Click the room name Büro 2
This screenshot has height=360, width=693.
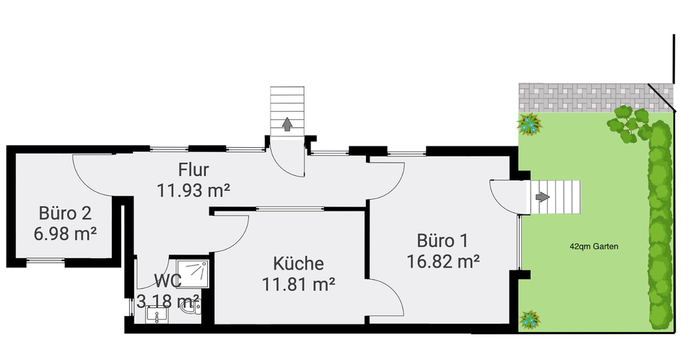[x=65, y=214]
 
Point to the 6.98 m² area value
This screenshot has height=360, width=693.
[x=65, y=234]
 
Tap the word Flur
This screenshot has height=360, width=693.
[x=193, y=171]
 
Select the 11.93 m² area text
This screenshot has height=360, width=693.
[x=193, y=191]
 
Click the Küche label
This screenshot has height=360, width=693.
[x=299, y=264]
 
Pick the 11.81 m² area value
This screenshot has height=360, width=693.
[x=299, y=284]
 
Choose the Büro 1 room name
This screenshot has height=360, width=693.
[x=444, y=240]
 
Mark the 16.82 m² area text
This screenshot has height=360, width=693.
[x=444, y=260]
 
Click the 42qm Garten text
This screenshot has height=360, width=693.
[x=593, y=246]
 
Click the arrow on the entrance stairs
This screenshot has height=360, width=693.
[x=287, y=124]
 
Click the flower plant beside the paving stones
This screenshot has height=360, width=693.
[x=529, y=124]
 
